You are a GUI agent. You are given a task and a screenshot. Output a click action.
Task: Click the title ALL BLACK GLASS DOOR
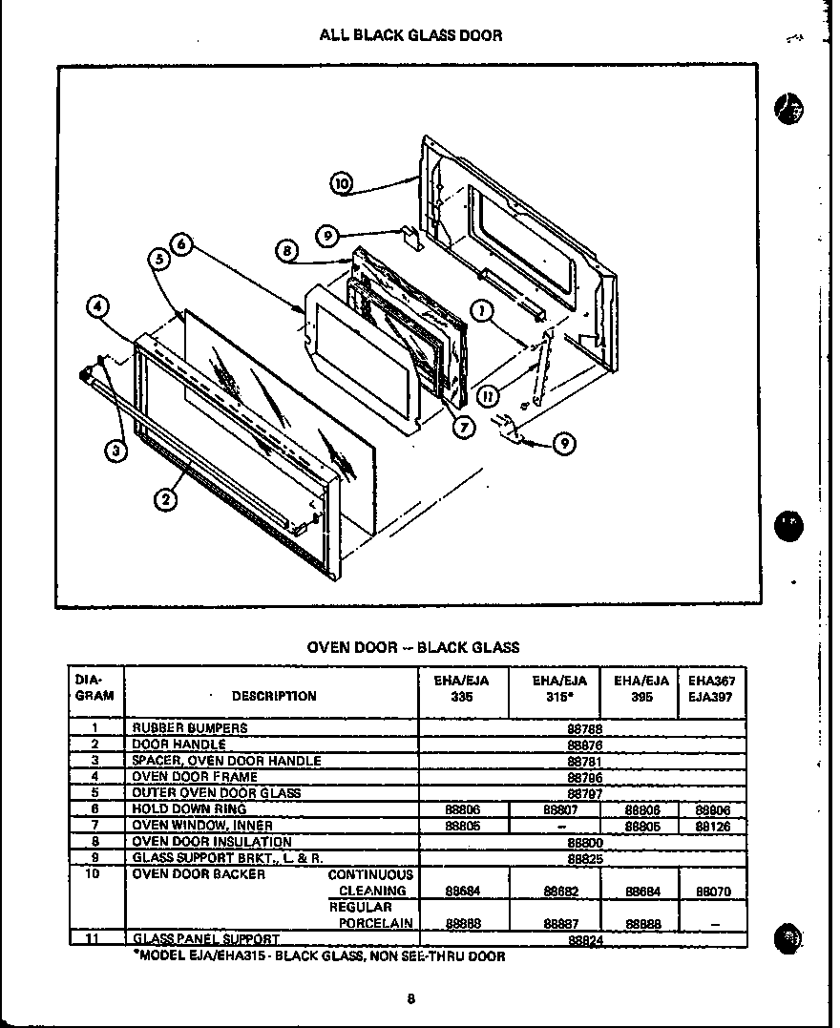click(x=410, y=35)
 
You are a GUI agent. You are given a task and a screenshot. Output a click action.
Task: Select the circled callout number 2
click(x=166, y=496)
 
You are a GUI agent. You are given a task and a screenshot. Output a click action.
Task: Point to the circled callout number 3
click(x=115, y=452)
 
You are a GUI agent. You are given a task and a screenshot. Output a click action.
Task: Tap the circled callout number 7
click(x=464, y=427)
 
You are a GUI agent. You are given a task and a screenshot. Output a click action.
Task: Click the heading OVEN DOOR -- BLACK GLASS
click(x=412, y=647)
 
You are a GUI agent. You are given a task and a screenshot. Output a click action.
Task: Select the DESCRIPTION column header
click(x=273, y=696)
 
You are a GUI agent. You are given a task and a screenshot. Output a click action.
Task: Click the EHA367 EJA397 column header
click(x=711, y=688)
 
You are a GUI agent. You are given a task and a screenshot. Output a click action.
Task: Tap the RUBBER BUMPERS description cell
click(x=189, y=728)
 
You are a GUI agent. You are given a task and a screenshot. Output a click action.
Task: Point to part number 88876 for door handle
click(x=583, y=745)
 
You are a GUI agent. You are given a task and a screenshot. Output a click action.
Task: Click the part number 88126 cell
click(x=712, y=826)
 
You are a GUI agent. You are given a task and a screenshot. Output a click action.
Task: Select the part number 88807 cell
click(x=560, y=809)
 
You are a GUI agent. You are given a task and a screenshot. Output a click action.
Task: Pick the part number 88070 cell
click(x=712, y=892)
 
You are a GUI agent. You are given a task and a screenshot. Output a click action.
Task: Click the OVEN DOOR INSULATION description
click(x=211, y=842)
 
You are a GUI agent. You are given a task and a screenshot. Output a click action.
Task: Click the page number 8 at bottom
click(x=410, y=999)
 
